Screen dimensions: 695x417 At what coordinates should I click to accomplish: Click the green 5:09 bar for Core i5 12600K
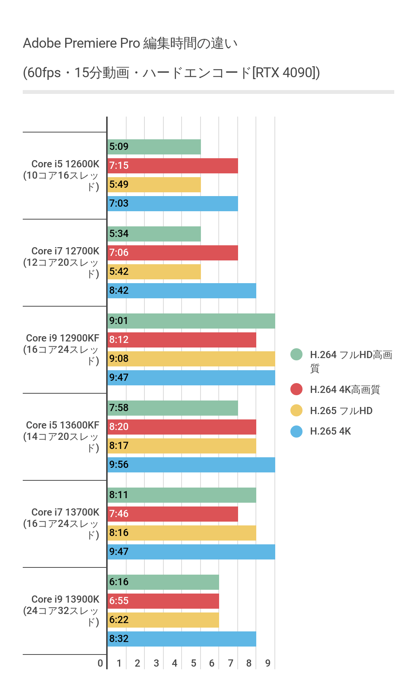click(x=154, y=147)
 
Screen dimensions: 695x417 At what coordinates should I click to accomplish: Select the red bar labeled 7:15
click(x=172, y=166)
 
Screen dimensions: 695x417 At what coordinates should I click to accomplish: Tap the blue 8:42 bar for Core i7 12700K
click(x=182, y=291)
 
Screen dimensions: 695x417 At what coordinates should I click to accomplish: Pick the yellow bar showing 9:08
click(x=191, y=359)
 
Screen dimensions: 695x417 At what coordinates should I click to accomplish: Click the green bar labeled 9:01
click(x=191, y=321)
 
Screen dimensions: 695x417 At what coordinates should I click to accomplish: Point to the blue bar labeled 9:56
click(x=191, y=465)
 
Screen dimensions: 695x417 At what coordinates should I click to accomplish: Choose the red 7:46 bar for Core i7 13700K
click(x=172, y=514)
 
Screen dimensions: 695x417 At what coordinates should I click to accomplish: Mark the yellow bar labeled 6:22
click(x=163, y=620)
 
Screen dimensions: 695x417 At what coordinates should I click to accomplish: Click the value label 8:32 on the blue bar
click(x=119, y=639)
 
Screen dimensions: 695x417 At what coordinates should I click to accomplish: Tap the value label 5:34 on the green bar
click(x=119, y=234)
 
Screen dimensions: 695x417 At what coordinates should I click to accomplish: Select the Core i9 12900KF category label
click(x=62, y=349)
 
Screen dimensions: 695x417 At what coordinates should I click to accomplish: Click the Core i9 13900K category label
click(x=62, y=610)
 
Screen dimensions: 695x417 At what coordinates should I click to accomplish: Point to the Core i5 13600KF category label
click(x=62, y=436)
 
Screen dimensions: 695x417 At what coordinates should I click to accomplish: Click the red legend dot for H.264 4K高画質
click(x=296, y=389)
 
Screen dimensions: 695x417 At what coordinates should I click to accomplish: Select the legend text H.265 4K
click(x=331, y=432)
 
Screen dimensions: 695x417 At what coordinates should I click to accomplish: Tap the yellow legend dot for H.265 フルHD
click(x=296, y=410)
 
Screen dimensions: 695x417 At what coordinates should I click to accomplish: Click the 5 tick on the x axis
click(x=193, y=663)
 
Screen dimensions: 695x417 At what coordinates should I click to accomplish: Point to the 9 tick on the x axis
click(x=268, y=663)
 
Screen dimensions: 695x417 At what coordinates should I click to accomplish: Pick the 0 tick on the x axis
click(x=100, y=663)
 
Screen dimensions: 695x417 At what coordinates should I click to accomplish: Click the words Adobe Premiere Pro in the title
click(x=82, y=44)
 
